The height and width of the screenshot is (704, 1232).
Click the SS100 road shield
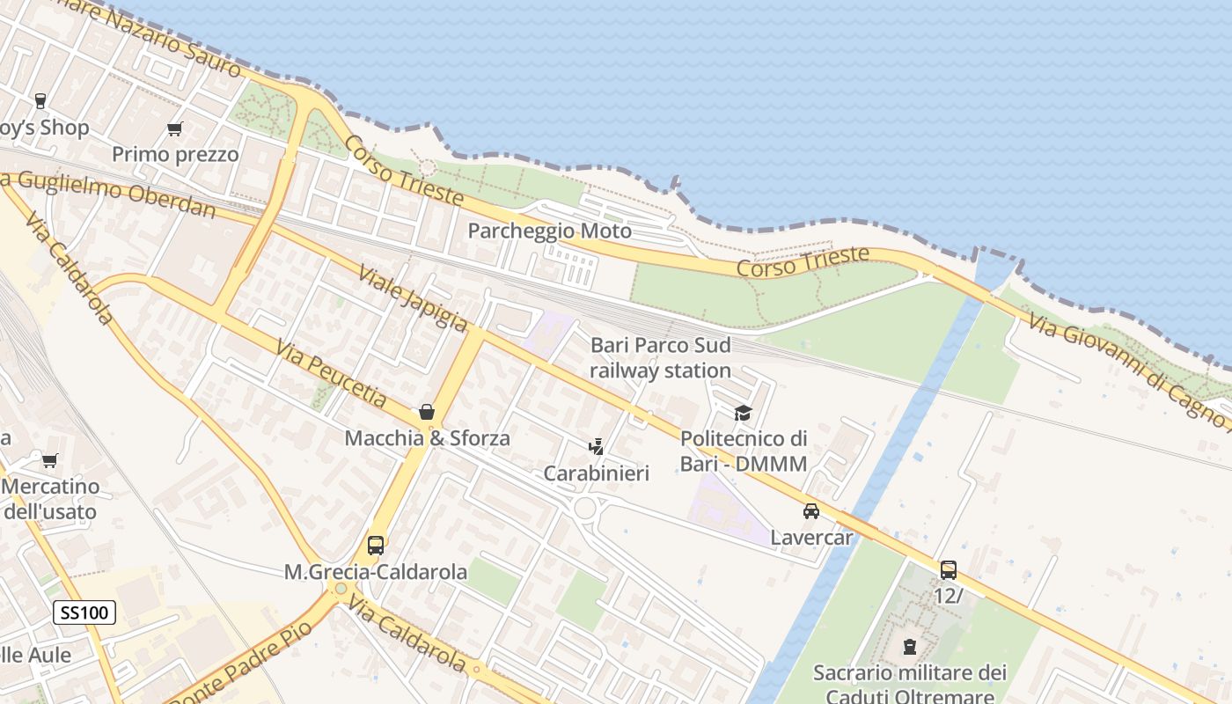[84, 612]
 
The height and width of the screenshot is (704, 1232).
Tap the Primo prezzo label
[175, 155]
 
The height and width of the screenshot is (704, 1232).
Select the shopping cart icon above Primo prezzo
[175, 129]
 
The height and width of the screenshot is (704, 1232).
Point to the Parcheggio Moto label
[549, 231]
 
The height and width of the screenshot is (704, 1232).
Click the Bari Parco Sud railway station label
[660, 357]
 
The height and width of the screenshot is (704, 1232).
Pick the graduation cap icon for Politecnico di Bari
[744, 413]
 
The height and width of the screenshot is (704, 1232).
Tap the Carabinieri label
[596, 473]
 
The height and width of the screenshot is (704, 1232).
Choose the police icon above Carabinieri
[596, 447]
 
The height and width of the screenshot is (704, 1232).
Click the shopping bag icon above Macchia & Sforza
[427, 411]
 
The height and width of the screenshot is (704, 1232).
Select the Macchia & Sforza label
[427, 437]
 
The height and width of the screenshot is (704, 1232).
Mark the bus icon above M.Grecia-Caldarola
[376, 545]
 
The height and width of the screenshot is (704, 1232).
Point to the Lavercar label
[811, 536]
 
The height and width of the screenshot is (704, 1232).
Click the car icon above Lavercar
[811, 510]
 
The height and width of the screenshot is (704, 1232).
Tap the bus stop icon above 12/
[948, 569]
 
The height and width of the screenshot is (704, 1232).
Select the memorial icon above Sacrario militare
[909, 648]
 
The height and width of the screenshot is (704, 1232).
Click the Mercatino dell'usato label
[51, 498]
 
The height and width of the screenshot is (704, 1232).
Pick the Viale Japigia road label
[412, 299]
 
